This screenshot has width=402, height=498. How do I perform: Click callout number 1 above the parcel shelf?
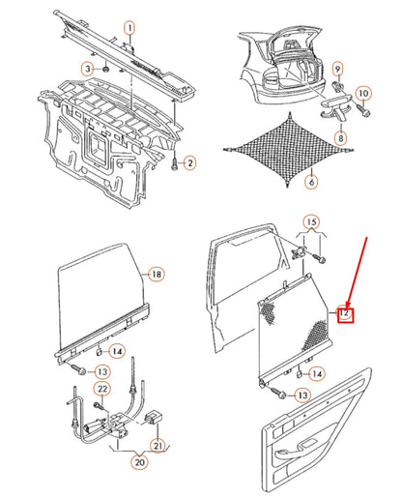click(129, 28)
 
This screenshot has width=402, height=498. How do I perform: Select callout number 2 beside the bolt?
click(190, 162)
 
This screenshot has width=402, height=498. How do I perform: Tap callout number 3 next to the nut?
click(87, 69)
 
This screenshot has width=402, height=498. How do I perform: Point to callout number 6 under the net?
click(311, 182)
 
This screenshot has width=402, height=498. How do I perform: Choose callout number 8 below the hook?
click(340, 138)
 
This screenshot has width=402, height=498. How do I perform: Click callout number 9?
click(337, 69)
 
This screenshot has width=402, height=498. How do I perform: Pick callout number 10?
click(363, 94)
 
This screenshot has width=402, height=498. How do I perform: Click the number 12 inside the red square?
click(344, 312)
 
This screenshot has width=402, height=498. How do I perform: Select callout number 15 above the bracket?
click(311, 222)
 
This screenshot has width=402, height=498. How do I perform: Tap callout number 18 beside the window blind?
click(157, 275)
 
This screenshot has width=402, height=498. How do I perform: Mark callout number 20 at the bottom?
click(139, 462)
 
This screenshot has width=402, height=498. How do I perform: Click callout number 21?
click(158, 446)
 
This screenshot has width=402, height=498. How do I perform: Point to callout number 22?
click(102, 389)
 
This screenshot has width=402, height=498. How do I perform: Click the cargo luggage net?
click(289, 150)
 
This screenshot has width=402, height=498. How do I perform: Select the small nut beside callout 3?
click(105, 70)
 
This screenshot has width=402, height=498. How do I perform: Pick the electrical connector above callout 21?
click(154, 418)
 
